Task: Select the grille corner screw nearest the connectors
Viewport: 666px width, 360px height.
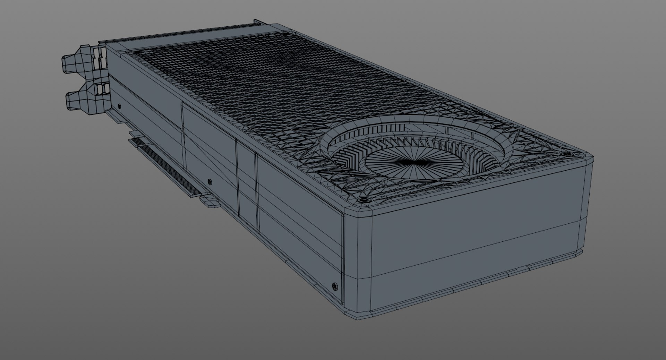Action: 137,52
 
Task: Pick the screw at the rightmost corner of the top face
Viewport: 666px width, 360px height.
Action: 567,154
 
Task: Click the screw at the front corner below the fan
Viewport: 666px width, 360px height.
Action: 364,200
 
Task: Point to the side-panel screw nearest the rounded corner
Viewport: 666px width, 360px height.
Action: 334,286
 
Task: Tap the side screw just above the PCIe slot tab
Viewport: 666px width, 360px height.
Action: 209,181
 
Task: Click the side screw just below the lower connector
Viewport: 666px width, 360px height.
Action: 120,106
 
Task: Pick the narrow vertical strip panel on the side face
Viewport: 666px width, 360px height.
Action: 247,187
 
